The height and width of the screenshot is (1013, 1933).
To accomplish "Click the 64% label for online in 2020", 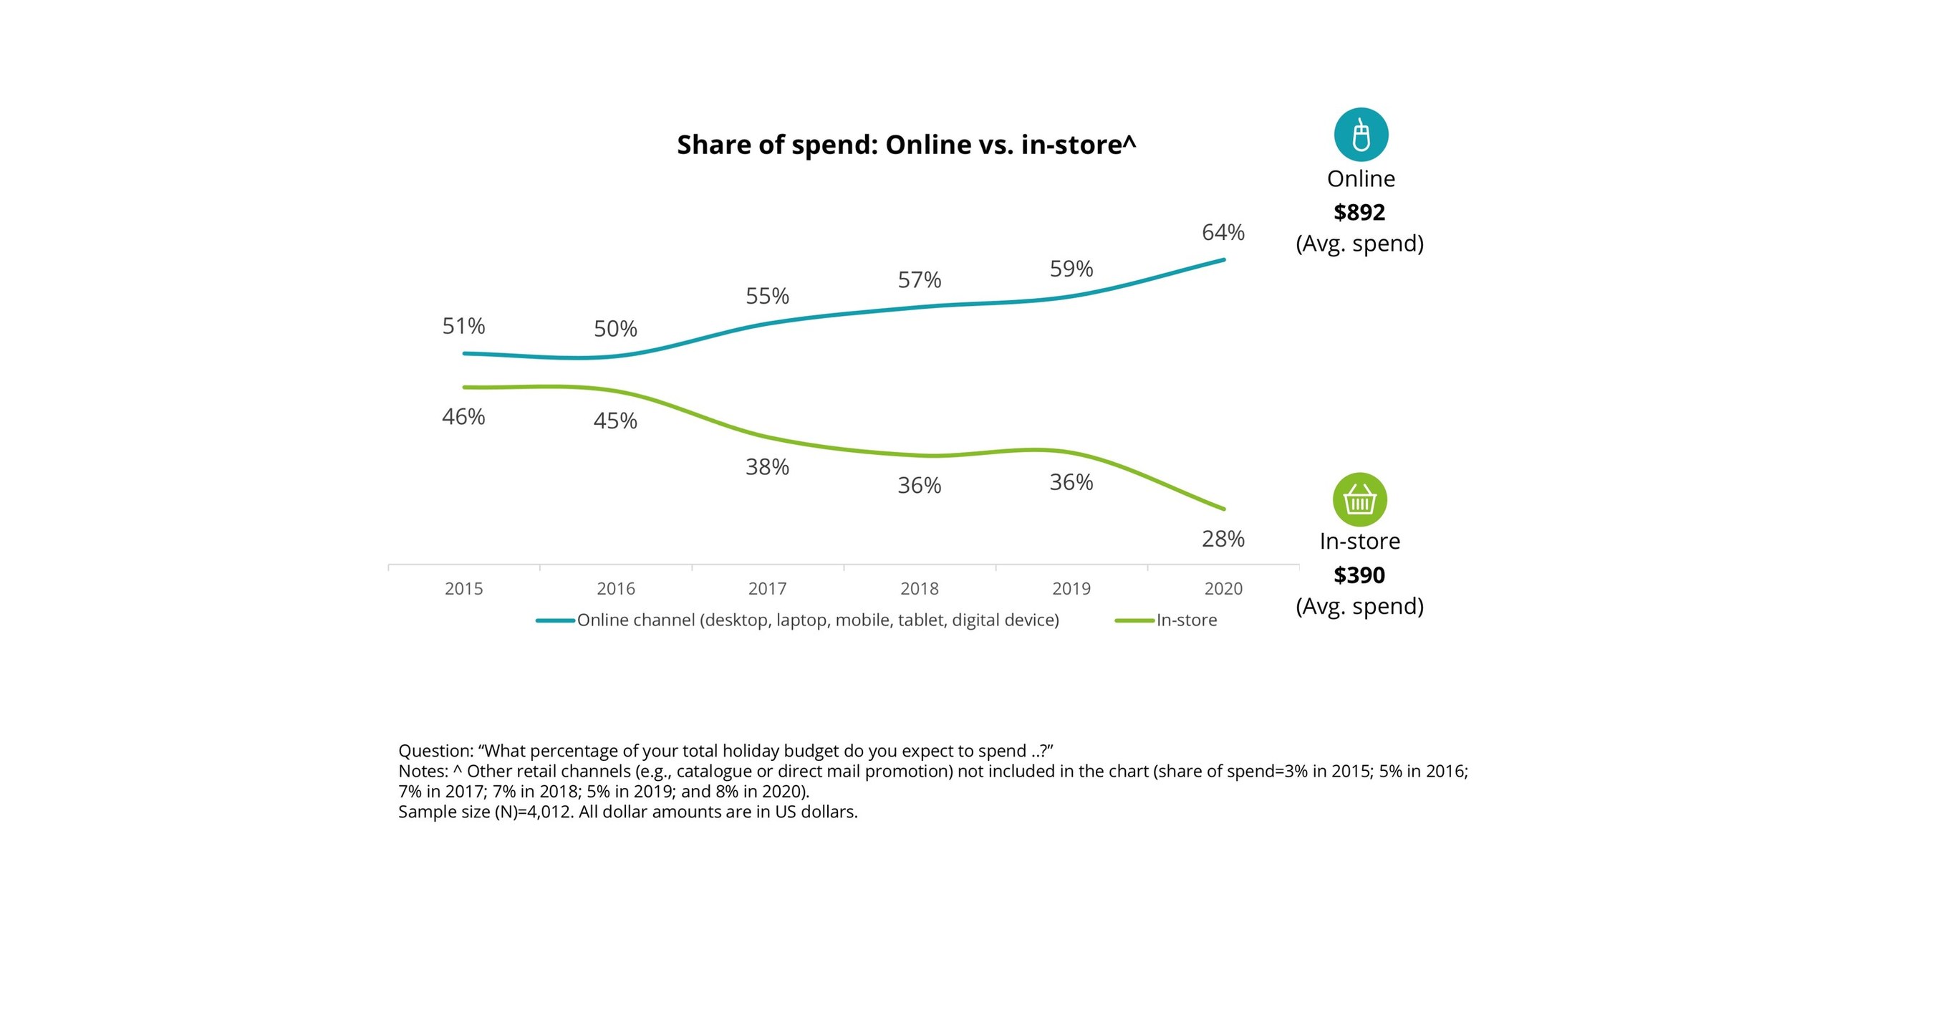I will tap(1223, 233).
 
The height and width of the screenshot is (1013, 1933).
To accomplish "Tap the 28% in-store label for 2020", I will tap(1223, 539).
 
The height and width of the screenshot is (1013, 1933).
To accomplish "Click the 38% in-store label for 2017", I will tap(767, 468).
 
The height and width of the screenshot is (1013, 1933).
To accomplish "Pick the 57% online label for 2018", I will tap(919, 281).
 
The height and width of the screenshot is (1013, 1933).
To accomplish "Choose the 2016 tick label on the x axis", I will tap(615, 589).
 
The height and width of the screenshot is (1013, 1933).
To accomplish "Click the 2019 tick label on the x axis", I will tap(1071, 589).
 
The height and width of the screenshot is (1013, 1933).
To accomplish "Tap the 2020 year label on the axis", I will tap(1223, 589).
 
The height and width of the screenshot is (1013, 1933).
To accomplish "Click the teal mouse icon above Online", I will tap(1361, 135).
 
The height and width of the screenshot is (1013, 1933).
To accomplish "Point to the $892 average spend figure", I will tap(1359, 212).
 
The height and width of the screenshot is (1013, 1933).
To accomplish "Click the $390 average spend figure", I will tap(1359, 575).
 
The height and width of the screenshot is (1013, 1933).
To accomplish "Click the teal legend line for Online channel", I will tap(555, 621).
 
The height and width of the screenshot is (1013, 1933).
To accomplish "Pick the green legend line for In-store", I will tap(1134, 621).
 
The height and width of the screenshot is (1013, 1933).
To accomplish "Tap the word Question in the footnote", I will tap(435, 751).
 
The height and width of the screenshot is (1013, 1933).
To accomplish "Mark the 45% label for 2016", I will tap(615, 421).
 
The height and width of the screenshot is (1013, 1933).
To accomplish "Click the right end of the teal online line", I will tap(1223, 260).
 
